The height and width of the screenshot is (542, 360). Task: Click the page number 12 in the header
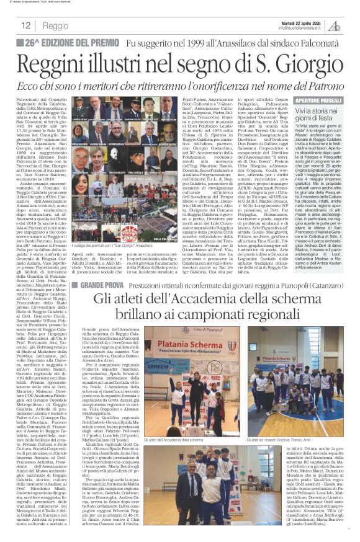(x=26, y=25)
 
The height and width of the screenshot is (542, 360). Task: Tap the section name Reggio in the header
(x=56, y=26)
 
